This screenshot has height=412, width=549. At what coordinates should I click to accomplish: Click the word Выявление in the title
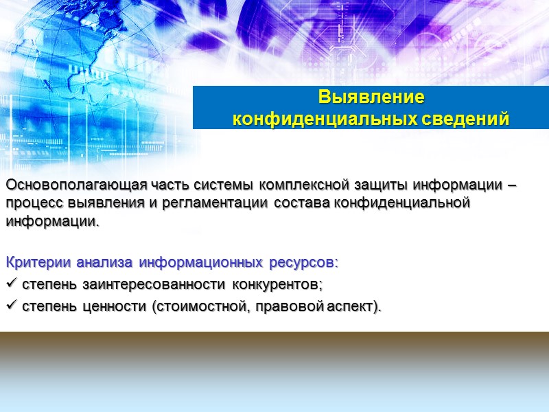click(x=371, y=95)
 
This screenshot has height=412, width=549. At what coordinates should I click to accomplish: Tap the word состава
click(x=300, y=203)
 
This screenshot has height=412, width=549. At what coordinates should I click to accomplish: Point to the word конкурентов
click(x=277, y=284)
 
